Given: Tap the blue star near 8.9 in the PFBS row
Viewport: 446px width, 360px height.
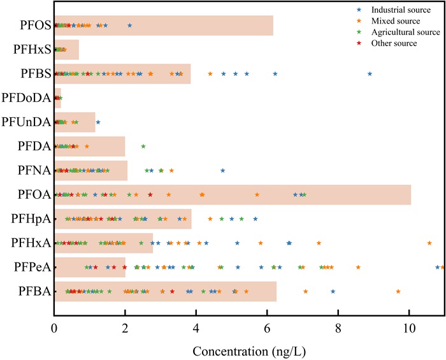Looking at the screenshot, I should [x=370, y=74].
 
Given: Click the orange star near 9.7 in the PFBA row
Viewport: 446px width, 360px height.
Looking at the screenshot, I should [x=398, y=291].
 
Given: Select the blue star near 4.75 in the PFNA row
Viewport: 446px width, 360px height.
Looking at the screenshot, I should [x=223, y=170].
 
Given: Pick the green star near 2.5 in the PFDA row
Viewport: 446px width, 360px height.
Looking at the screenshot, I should [x=143, y=147].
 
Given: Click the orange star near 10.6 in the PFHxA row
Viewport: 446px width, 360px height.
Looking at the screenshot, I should [x=429, y=243].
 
